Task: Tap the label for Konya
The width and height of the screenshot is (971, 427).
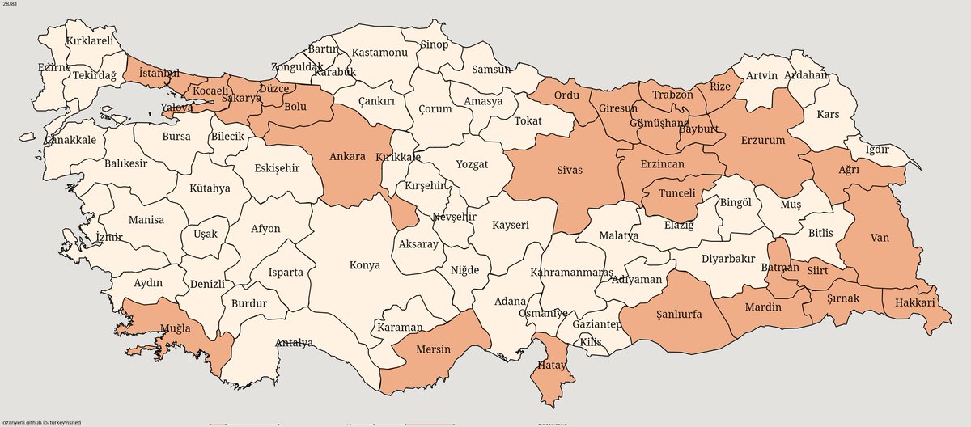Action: (364, 265)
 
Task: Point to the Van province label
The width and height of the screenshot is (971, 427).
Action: (880, 239)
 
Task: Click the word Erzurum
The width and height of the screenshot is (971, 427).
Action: (763, 140)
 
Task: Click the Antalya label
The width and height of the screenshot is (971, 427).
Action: (294, 343)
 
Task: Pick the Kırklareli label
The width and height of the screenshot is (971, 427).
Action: (90, 40)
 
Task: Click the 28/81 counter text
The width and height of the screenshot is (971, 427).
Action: (11, 6)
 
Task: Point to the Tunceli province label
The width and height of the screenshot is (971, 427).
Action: (677, 194)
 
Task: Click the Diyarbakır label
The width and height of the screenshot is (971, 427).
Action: (728, 260)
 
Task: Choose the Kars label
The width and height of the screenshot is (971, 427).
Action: (828, 114)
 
